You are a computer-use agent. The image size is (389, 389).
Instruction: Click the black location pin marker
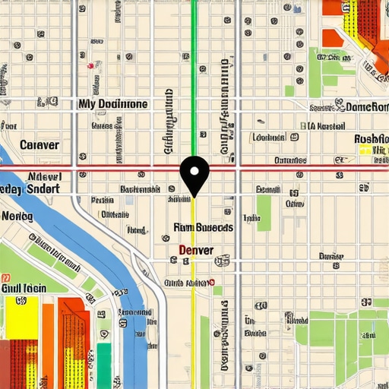point(195,173)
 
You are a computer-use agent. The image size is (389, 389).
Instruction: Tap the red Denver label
point(195,250)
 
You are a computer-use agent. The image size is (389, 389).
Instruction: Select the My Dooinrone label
point(113,103)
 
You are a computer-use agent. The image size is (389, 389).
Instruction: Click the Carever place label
point(40,144)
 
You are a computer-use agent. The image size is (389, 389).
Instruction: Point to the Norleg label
point(17,216)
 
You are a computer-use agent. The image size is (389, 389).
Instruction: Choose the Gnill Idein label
point(24,288)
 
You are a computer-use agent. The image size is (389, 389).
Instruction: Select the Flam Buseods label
point(203,227)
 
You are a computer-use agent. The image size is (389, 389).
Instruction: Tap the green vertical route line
point(194,76)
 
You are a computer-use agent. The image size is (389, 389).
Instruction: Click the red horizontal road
point(304,167)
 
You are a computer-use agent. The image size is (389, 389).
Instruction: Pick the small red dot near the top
point(91,65)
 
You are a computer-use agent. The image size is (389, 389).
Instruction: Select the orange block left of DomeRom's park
point(332,38)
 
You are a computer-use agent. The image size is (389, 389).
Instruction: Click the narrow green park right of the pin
point(264,213)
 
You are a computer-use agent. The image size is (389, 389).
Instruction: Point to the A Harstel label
point(323,126)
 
